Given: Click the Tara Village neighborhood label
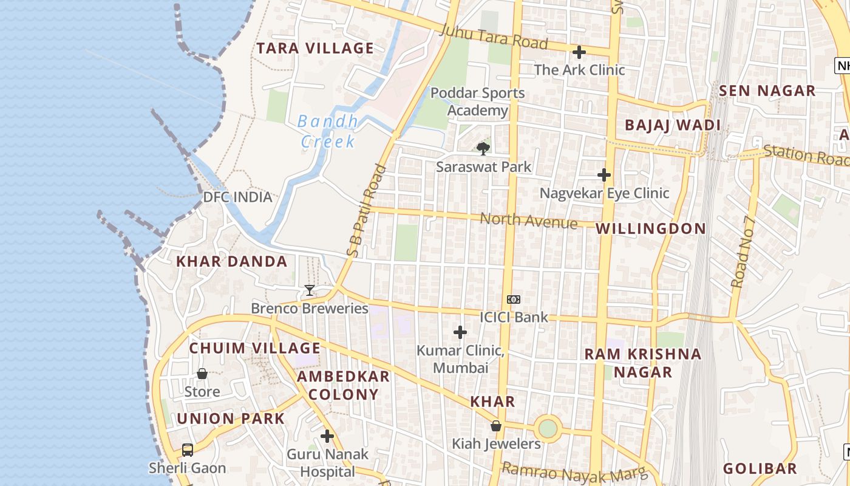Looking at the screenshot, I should pyautogui.click(x=314, y=48).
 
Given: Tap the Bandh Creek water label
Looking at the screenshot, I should pyautogui.click(x=328, y=131).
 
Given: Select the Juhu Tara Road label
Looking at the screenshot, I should pyautogui.click(x=494, y=37).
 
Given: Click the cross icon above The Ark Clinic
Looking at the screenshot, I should pyautogui.click(x=579, y=52).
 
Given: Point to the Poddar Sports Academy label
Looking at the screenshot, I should pyautogui.click(x=478, y=101).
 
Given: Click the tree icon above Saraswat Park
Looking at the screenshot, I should pyautogui.click(x=483, y=148).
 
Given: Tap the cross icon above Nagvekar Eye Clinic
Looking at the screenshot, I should pyautogui.click(x=604, y=175).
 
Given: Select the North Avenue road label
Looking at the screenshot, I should pyautogui.click(x=529, y=221).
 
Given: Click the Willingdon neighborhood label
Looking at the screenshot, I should pyautogui.click(x=651, y=228).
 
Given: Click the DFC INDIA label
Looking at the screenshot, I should pyautogui.click(x=237, y=197).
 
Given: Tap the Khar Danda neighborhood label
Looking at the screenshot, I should pyautogui.click(x=231, y=262).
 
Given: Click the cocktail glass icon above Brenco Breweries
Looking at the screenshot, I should pyautogui.click(x=310, y=290).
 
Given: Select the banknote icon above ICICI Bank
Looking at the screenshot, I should pyautogui.click(x=514, y=299).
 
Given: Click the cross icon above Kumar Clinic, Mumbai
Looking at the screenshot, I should pyautogui.click(x=460, y=332).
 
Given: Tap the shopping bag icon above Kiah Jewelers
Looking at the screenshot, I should pyautogui.click(x=496, y=426).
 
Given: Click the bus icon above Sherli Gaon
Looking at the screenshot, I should pyautogui.click(x=188, y=450).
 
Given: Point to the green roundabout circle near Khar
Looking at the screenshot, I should pyautogui.click(x=548, y=428).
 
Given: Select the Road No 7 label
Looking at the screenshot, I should pyautogui.click(x=743, y=252).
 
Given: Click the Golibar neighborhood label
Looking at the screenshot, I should pyautogui.click(x=760, y=468).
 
